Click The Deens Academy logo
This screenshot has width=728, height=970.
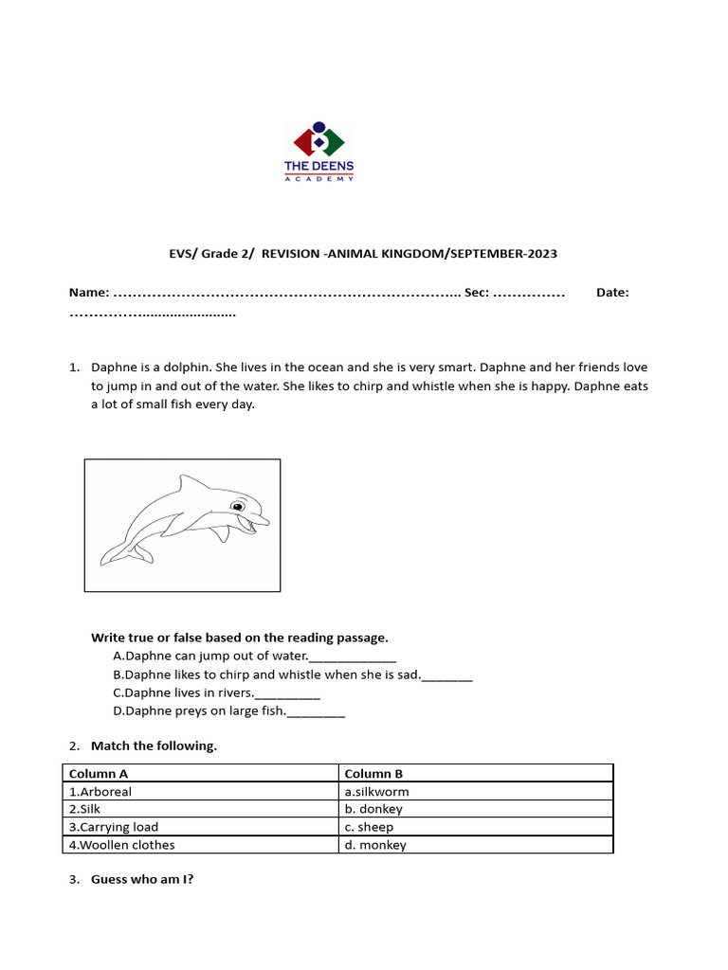tap(319, 152)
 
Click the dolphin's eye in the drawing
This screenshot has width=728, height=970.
tap(241, 501)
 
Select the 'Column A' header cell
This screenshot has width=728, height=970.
tap(200, 774)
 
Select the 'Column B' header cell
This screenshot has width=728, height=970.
tap(476, 774)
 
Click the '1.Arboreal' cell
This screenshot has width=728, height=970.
tap(200, 792)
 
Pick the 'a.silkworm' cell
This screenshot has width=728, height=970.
tap(476, 792)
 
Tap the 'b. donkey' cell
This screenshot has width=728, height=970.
tap(476, 809)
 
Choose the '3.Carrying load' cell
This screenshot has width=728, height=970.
tap(200, 827)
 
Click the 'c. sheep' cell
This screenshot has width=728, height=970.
tap(476, 827)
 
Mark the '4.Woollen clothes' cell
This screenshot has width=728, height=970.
tap(200, 845)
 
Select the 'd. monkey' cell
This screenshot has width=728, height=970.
tap(476, 845)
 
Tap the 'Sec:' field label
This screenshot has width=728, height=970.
tap(476, 293)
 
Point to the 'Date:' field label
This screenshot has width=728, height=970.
tap(612, 293)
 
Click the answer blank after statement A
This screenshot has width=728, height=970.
tap(353, 657)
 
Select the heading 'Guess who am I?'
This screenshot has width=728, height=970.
tap(142, 879)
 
